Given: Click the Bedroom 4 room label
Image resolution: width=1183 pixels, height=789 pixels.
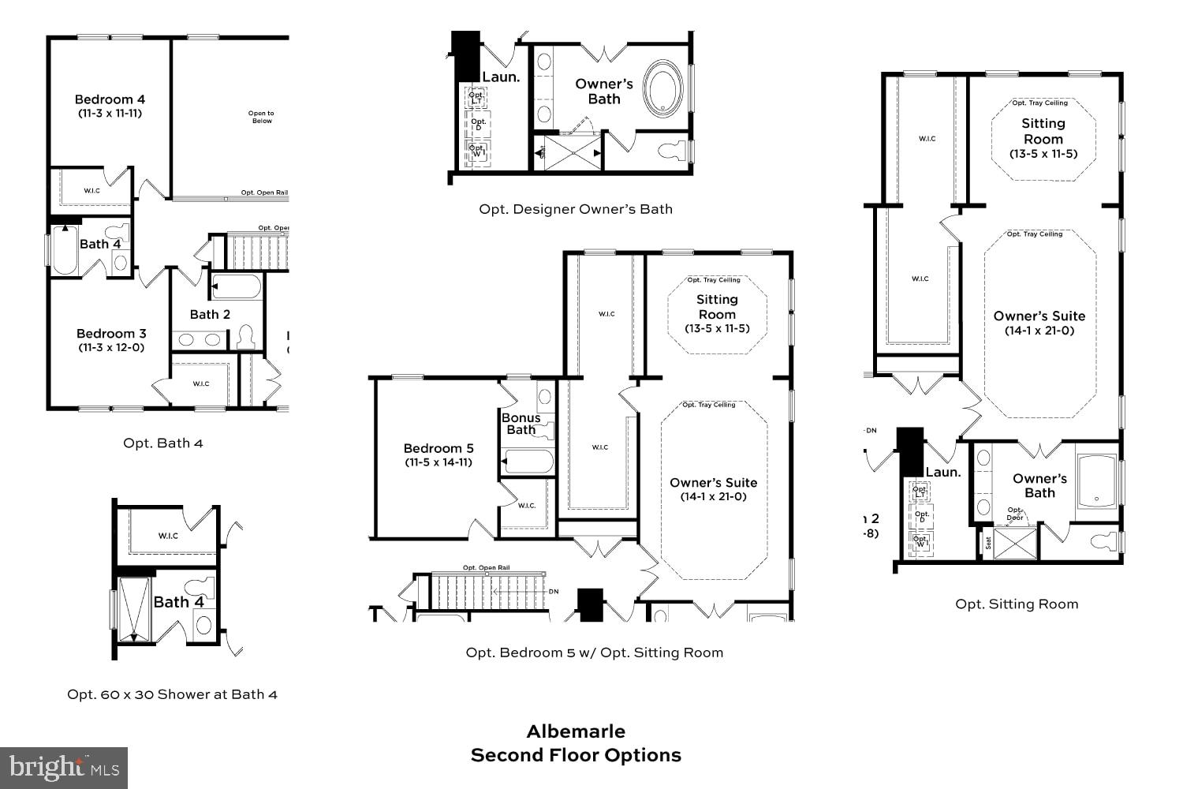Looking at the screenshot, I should coord(110,99).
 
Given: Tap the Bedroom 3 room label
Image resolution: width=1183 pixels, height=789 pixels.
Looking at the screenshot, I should coord(111,334).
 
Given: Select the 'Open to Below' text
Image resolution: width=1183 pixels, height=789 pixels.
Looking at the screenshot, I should coord(262,117).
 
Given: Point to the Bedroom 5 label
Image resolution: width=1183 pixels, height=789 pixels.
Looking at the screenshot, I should coord(438,448).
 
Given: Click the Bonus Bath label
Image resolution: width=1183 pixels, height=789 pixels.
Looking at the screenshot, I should coord(521,424).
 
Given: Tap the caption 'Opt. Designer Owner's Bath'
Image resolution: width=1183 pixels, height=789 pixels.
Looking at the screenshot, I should coord(576,209).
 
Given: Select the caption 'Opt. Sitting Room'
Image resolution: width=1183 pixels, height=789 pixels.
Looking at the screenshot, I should coord(1016,604).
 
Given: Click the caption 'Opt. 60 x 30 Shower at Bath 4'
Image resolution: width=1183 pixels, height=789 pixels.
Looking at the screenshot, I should coord(172,694).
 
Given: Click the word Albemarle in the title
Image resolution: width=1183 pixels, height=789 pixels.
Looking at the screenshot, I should coord(576,731).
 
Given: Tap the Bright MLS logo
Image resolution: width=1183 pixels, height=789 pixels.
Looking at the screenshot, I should coord(64,767).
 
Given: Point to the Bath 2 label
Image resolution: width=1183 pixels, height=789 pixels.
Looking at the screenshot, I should coord(210,314).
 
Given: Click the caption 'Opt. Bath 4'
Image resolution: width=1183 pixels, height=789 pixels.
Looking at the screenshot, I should coord(162,443).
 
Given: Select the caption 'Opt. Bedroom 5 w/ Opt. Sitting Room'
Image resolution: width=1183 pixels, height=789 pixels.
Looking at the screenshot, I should coord(594,653).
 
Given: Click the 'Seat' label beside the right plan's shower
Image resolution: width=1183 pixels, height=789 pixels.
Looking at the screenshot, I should coord(988,543).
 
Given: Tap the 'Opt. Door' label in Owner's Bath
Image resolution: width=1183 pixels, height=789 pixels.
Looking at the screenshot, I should coord(1015,514).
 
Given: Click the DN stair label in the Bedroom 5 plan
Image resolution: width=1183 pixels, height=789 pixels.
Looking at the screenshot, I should coord(553,591).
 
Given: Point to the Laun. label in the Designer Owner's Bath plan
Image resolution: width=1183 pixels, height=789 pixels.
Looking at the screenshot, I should coord(501,77).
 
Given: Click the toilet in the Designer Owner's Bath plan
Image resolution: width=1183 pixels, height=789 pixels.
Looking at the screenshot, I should coord(673,150).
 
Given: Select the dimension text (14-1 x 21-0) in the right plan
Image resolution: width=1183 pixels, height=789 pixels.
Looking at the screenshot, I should coord(1039,331).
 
